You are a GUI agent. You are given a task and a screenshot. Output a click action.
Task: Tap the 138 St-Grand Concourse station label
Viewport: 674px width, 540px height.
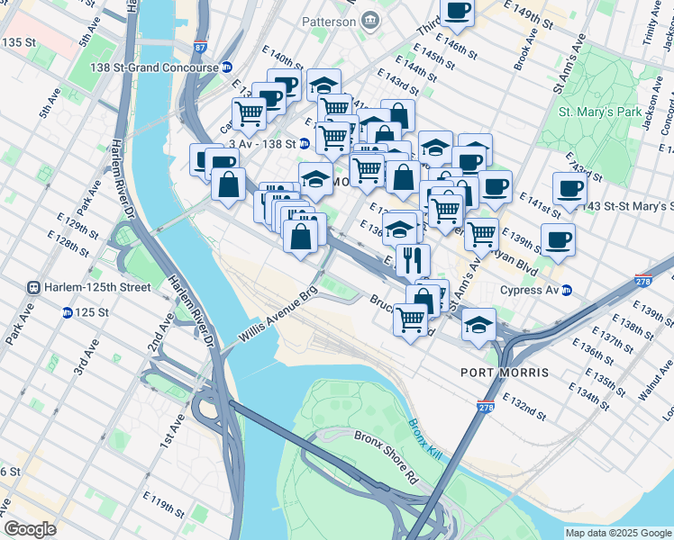pyautogui.click(x=154, y=67)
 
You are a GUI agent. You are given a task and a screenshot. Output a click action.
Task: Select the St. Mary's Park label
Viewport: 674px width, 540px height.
pyautogui.click(x=599, y=112)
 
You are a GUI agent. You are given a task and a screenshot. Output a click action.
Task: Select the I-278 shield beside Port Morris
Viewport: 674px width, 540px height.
pyautogui.click(x=487, y=408)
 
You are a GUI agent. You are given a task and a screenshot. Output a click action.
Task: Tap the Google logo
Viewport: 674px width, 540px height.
pyautogui.click(x=30, y=528)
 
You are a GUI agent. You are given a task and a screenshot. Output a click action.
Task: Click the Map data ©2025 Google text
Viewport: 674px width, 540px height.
pyautogui.click(x=618, y=533)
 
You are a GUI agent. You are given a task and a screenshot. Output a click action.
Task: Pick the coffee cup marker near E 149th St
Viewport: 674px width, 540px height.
pyautogui.click(x=457, y=12)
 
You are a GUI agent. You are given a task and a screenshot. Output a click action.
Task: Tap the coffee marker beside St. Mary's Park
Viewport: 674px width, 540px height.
pyautogui.click(x=569, y=190)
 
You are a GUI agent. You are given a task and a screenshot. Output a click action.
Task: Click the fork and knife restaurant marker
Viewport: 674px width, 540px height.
pyautogui.click(x=413, y=260)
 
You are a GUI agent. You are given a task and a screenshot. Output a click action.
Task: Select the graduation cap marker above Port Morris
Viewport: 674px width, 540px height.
pyautogui.click(x=478, y=325)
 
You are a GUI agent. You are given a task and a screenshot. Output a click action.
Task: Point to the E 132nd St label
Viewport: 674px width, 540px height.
pyautogui.click(x=524, y=409)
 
